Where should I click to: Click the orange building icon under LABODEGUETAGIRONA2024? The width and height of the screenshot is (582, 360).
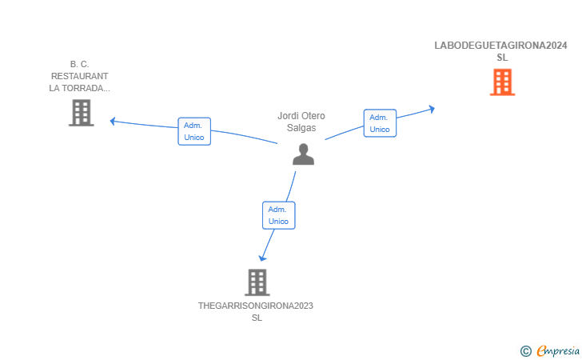click(x=502, y=82)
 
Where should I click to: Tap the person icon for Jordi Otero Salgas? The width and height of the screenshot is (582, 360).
click(x=303, y=154)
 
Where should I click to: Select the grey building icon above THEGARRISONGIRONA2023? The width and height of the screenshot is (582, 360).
click(x=257, y=282)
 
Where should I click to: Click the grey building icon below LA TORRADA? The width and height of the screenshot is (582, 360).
click(x=82, y=113)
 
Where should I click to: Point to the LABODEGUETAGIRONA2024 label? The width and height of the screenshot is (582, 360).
click(x=500, y=46)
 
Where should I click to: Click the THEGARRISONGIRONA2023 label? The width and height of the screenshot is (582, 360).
click(x=256, y=306)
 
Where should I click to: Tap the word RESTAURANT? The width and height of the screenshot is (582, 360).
click(x=79, y=76)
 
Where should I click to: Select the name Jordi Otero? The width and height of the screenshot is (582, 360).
click(x=301, y=116)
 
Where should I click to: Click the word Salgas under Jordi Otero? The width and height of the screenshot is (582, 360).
click(x=301, y=128)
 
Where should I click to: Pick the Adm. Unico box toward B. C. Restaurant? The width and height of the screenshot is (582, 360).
click(x=194, y=131)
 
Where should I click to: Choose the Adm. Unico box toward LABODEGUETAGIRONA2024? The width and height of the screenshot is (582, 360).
click(x=380, y=123)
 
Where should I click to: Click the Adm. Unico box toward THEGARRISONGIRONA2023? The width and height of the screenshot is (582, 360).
click(x=279, y=215)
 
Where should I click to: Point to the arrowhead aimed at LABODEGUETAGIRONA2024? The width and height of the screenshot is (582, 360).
click(x=432, y=109)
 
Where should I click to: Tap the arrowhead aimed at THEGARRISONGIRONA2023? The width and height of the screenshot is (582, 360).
click(x=262, y=258)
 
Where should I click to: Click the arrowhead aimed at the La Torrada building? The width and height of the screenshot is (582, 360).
click(x=113, y=121)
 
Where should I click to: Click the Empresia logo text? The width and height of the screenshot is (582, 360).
click(x=558, y=350)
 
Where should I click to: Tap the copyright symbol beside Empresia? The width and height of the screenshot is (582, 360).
click(x=525, y=351)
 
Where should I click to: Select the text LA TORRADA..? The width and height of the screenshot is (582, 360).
click(x=79, y=88)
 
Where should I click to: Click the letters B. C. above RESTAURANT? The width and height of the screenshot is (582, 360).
click(x=79, y=64)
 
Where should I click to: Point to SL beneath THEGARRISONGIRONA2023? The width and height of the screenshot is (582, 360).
click(x=257, y=318)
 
